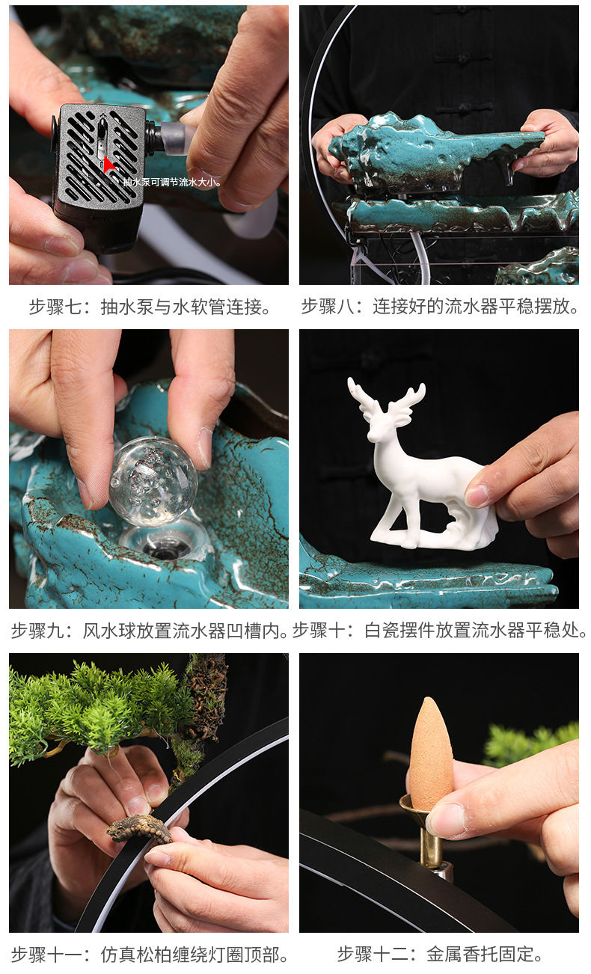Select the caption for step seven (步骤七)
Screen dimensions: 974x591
(150, 307)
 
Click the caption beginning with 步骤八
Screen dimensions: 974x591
(440, 307)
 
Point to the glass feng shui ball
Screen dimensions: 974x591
(153, 482)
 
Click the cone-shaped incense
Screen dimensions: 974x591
(431, 752)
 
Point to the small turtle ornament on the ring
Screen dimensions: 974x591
(140, 829)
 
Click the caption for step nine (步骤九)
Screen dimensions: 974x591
(150, 631)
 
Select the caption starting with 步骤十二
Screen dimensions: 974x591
(440, 955)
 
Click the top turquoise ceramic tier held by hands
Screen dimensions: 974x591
(434, 150)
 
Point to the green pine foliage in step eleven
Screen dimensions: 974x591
(97, 703)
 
